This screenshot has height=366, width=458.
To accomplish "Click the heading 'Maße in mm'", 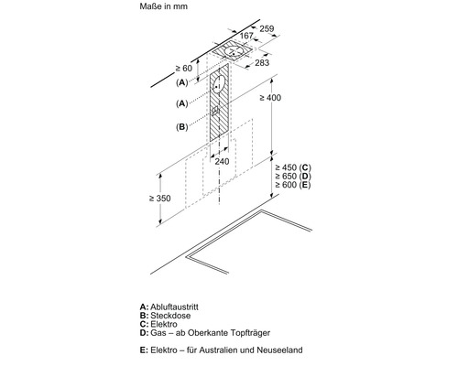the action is click(164, 6).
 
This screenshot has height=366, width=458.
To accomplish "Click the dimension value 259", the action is click(267, 28).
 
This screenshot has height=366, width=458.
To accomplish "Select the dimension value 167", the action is click(246, 36).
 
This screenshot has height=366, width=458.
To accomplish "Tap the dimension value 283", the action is click(262, 63).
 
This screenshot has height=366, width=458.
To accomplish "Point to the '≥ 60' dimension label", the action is click(184, 69).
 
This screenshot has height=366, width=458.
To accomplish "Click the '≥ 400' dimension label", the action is click(270, 98).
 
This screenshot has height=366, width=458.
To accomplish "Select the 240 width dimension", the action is click(222, 161).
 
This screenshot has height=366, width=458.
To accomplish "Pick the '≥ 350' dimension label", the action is click(160, 199).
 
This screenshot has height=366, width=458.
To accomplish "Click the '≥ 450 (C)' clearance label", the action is click(293, 167).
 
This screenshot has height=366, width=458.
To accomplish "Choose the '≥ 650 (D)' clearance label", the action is click(293, 176).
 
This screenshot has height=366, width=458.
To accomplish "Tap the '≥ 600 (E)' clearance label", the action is click(293, 185).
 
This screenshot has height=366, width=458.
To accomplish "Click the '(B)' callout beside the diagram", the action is click(182, 126).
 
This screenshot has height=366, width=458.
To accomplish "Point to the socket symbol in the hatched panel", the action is click(215, 112).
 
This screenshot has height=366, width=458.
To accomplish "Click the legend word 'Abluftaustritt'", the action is click(174, 307).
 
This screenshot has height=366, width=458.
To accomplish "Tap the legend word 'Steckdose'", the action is click(170, 316).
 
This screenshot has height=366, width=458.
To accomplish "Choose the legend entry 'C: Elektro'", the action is click(158, 324).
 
